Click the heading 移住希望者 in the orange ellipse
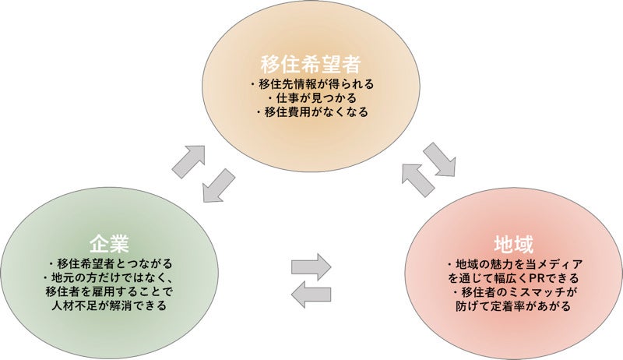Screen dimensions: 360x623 pyautogui.click(x=311, y=62)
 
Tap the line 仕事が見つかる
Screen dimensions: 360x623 pyautogui.click(x=311, y=97)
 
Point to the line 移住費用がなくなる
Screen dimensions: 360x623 pyautogui.click(x=311, y=112)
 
